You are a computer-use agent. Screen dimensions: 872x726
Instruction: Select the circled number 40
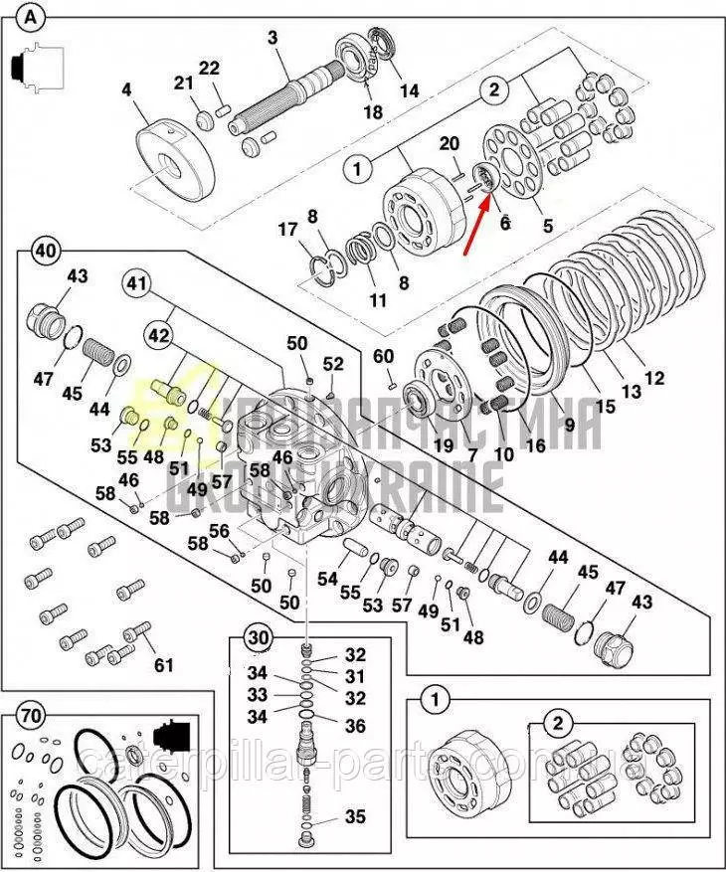[44, 250]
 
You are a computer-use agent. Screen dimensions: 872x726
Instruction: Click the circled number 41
[136, 285]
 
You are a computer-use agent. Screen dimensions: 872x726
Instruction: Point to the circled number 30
[258, 637]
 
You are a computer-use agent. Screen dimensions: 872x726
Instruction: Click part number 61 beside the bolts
[161, 664]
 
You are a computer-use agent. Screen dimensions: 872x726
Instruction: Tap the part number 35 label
[355, 817]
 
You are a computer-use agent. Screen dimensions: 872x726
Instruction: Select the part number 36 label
[355, 725]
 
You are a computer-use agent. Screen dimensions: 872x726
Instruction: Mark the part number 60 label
[383, 357]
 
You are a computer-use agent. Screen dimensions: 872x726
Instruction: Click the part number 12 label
[653, 378]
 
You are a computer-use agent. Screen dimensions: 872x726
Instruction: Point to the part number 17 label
[287, 230]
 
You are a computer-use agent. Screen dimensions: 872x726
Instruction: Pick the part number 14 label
[409, 90]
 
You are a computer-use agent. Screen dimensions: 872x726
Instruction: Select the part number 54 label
[327, 578]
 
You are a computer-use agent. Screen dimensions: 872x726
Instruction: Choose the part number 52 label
[332, 364]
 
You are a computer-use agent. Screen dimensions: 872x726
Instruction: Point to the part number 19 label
[442, 444]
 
